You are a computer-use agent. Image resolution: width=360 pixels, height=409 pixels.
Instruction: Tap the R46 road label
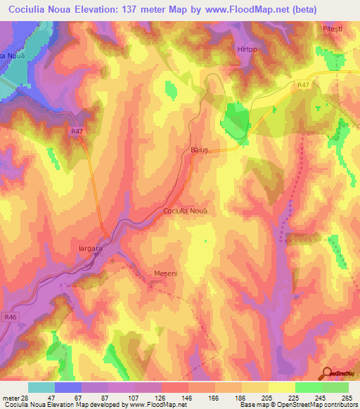(x=9, y=318)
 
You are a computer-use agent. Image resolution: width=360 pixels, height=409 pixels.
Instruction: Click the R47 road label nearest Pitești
(x=302, y=86)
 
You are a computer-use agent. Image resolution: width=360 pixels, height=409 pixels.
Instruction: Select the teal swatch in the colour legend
(x=41, y=387)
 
